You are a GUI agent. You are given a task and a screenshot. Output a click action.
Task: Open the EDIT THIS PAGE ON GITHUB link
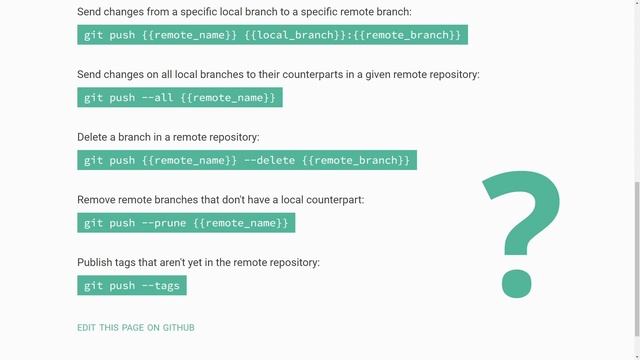(x=136, y=328)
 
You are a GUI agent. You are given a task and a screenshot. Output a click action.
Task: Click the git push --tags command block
(x=132, y=285)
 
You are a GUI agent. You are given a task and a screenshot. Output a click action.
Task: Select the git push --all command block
(x=180, y=97)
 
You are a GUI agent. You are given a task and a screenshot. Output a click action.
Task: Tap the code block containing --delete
(x=247, y=160)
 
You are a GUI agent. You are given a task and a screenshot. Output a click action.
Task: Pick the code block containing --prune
(x=186, y=222)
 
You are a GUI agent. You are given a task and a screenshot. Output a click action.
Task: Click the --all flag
(x=159, y=97)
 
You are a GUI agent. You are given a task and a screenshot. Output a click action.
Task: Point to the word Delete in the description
(x=95, y=137)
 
